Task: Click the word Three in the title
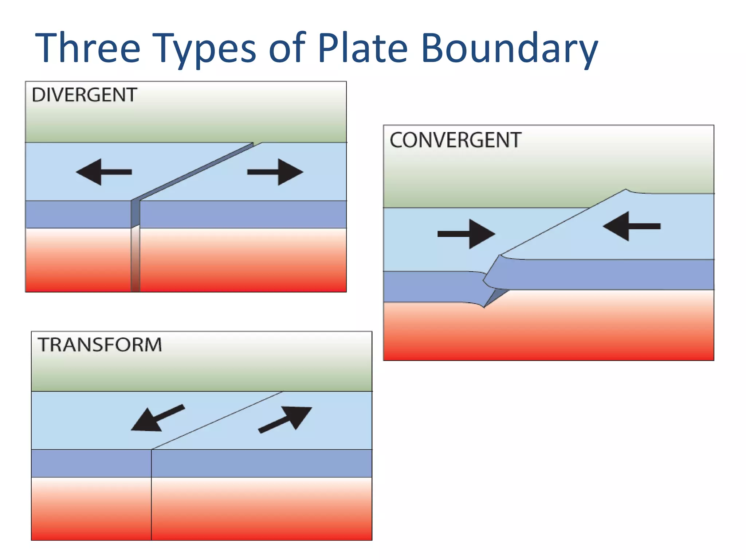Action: pyautogui.click(x=87, y=48)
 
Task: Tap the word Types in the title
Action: pyautogui.click(x=204, y=49)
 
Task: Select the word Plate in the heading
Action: pyautogui.click(x=362, y=48)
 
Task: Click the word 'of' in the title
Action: pyautogui.click(x=287, y=48)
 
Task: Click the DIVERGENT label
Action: pyautogui.click(x=85, y=95)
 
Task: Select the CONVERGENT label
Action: pyautogui.click(x=455, y=140)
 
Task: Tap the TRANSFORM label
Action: pyautogui.click(x=100, y=345)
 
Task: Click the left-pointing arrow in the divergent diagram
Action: pyautogui.click(x=104, y=172)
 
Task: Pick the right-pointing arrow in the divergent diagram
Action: pyautogui.click(x=275, y=172)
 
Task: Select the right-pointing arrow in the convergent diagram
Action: pyautogui.click(x=466, y=234)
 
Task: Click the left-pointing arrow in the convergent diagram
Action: pyautogui.click(x=632, y=226)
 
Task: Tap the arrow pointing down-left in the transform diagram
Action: pyautogui.click(x=157, y=419)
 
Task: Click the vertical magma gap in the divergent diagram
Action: pyautogui.click(x=135, y=259)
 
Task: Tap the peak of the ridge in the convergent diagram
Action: pyautogui.click(x=625, y=190)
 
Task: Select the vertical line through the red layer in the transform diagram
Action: pyautogui.click(x=151, y=509)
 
